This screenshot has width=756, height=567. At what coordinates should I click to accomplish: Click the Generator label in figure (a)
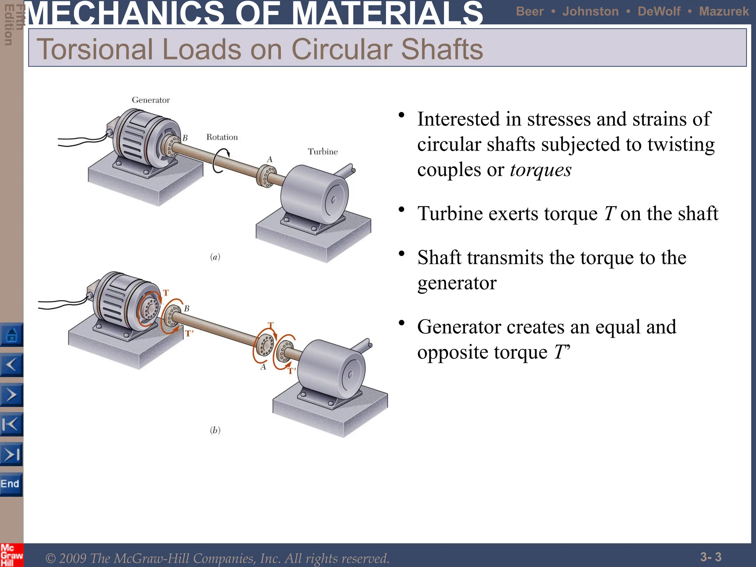point(151,100)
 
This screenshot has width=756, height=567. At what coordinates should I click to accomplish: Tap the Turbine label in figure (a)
point(323,152)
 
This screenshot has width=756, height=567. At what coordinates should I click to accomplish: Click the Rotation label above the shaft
point(222,137)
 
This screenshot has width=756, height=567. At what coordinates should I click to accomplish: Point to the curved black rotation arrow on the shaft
point(220,161)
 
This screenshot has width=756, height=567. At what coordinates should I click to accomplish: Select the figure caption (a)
point(215,257)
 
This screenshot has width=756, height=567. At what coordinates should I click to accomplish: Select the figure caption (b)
point(215,430)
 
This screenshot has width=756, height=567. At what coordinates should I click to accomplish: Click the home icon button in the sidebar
point(11,335)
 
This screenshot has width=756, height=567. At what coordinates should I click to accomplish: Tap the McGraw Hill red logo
point(11,555)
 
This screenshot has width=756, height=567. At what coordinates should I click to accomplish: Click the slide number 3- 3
point(711,557)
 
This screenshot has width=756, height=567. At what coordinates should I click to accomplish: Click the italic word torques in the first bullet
point(540,170)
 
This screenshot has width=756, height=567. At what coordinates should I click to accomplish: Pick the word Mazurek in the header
point(724,11)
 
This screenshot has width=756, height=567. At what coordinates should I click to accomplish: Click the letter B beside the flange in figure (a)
point(185,138)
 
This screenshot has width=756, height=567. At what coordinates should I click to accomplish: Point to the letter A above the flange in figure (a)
point(270,159)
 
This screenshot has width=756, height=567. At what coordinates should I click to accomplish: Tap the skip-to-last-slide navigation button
point(11,454)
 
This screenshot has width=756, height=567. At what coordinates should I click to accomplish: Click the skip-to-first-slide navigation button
point(11,425)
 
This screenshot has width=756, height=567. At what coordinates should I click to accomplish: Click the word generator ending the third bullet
point(457,283)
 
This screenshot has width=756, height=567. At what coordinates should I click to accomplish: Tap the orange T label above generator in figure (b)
point(166,293)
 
